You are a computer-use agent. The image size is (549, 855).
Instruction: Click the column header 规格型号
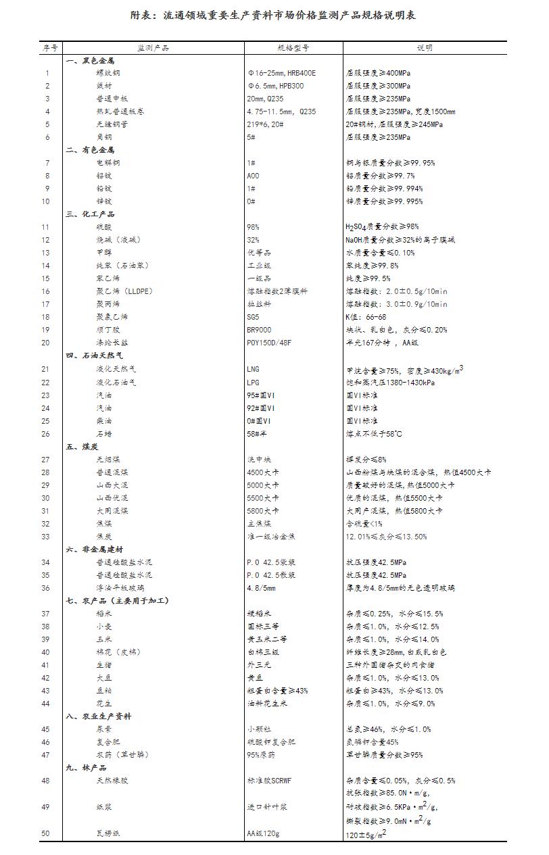(x=293, y=48)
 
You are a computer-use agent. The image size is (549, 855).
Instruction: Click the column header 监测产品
(x=153, y=48)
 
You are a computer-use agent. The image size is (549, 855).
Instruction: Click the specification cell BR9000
(x=259, y=330)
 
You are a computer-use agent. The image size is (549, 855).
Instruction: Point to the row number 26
(x=46, y=434)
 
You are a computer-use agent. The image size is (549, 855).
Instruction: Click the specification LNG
(x=254, y=369)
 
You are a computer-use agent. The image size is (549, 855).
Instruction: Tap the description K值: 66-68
(x=366, y=317)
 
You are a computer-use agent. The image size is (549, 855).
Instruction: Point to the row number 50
(x=46, y=833)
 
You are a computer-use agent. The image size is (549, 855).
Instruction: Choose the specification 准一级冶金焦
(x=270, y=537)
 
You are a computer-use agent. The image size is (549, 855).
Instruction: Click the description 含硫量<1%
(x=364, y=524)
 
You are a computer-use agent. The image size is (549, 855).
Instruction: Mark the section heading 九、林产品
(x=86, y=768)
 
